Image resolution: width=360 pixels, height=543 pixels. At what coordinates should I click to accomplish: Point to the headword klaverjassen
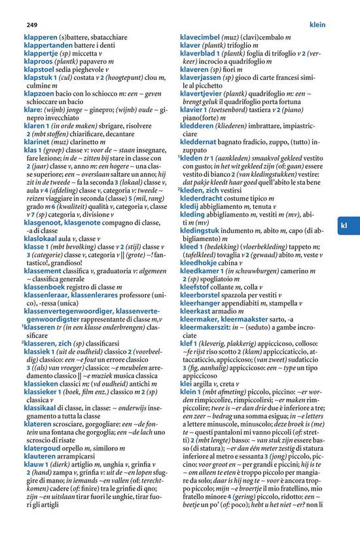click(x=204, y=77)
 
